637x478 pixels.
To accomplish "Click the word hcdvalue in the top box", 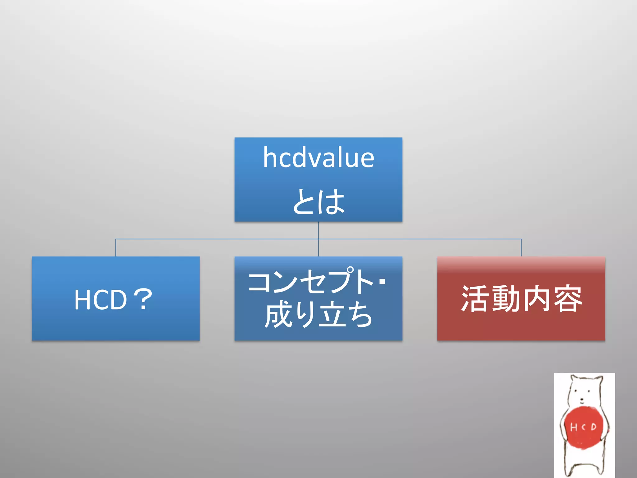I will [318, 158].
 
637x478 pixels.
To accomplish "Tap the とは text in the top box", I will [318, 202].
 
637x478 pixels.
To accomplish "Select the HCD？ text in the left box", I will [114, 299].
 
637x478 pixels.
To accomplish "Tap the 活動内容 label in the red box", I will [521, 299].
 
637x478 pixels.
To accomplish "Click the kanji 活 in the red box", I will [476, 299].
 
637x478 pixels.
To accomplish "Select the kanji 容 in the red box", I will [567, 299].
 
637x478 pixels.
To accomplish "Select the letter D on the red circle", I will [593, 426].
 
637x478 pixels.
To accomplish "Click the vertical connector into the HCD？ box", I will [116, 248].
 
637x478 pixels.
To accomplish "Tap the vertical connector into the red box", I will [521, 248].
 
